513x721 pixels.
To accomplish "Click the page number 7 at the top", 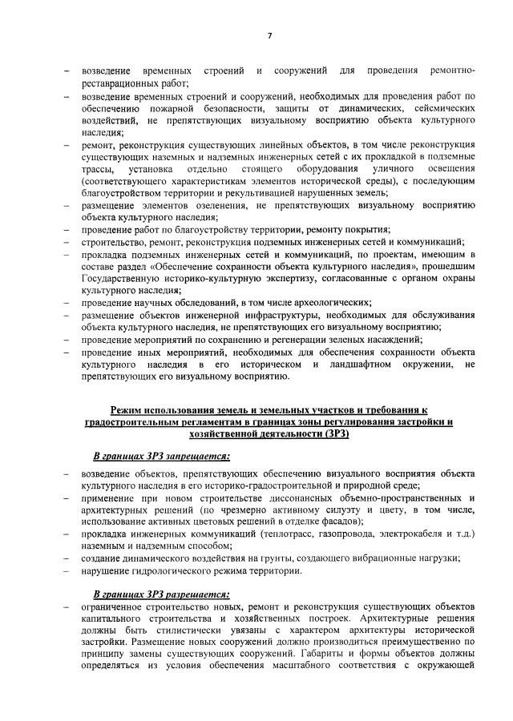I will click(269, 36).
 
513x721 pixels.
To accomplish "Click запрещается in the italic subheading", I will click(197, 457).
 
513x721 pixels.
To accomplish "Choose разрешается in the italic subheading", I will click(196, 595).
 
